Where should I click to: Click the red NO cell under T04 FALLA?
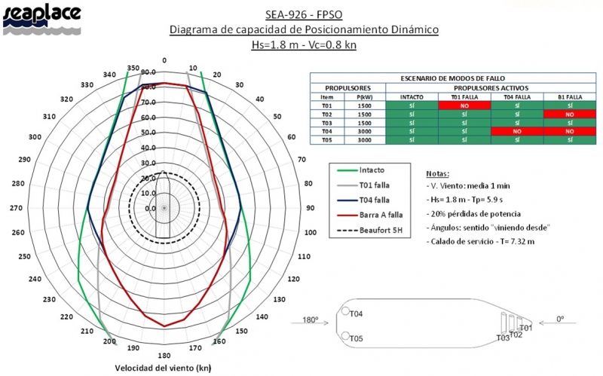(x=517, y=131)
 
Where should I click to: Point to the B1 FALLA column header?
(x=569, y=97)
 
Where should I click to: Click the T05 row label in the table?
(x=327, y=140)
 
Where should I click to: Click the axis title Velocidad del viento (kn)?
(x=162, y=368)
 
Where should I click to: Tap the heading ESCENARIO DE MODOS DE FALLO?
(x=453, y=78)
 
